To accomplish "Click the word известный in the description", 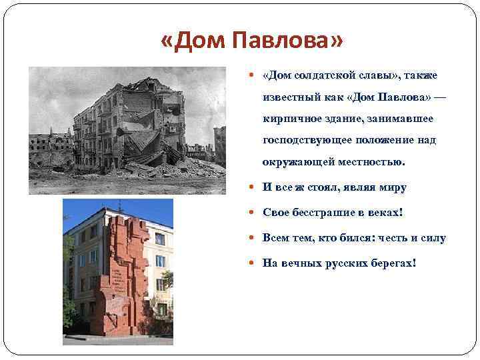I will [290, 97].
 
